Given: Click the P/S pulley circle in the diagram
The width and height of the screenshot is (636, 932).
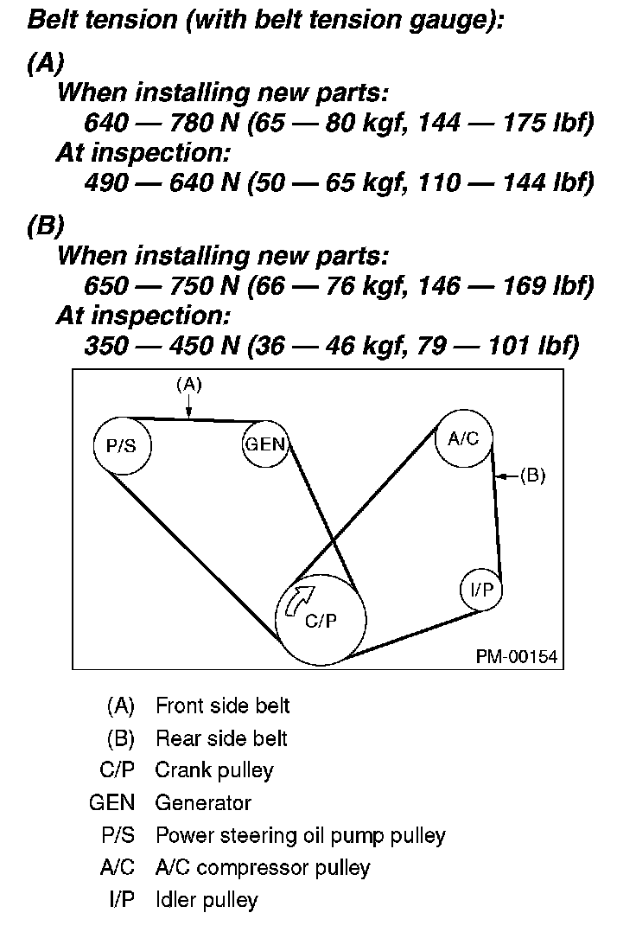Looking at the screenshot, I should [x=121, y=445].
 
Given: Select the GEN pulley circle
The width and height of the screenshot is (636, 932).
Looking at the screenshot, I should [x=265, y=445].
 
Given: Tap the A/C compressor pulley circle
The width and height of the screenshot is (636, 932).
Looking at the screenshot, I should [x=463, y=438].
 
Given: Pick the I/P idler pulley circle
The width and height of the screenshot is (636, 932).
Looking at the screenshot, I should [x=481, y=590].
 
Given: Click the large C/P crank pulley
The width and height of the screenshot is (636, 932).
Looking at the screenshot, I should [x=321, y=619].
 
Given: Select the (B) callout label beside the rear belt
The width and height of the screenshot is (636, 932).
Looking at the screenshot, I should [x=532, y=475].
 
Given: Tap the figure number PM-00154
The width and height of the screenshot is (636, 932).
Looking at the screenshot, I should [x=517, y=657].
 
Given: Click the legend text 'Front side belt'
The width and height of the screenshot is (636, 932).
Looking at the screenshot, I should [x=222, y=705].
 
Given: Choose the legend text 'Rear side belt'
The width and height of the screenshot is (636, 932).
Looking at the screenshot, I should [x=221, y=738].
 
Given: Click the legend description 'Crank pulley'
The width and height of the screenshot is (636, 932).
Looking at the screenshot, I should [x=213, y=770].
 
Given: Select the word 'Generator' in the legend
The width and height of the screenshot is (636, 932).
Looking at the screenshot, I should [x=203, y=803].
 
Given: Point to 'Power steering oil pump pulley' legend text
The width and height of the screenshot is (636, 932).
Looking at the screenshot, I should [x=300, y=835].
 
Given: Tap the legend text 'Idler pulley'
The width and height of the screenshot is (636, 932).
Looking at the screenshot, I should [x=207, y=900].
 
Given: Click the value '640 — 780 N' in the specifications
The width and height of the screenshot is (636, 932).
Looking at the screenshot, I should [x=162, y=123].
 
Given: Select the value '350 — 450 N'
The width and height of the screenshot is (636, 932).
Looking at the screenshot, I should [x=162, y=346].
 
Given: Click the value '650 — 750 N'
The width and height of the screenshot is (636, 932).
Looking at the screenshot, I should [x=162, y=286].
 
